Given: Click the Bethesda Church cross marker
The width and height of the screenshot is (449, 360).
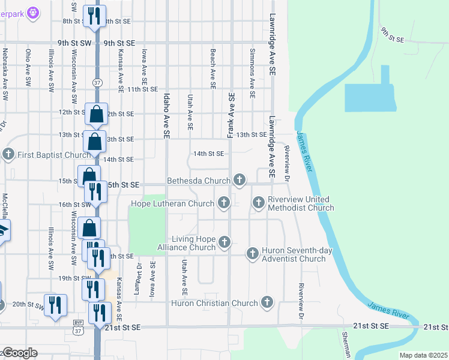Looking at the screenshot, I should point(240,180).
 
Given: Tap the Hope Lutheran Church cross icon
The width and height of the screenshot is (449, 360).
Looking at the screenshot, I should point(224,203).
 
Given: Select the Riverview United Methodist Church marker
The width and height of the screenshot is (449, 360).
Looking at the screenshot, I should point(259,203).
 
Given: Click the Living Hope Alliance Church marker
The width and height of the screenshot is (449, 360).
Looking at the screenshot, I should point(224,242).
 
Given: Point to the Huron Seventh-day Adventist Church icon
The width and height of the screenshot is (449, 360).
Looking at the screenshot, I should point(252,254).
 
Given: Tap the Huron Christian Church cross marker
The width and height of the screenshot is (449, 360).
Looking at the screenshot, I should point(267,303).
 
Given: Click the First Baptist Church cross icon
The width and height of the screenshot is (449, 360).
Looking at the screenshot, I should point(8,155).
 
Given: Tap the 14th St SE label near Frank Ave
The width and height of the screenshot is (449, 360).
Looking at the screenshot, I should point(208,154).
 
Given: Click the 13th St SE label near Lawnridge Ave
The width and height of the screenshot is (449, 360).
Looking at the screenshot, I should point(251,135).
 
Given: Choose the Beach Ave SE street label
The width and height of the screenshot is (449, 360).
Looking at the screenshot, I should point(212,69).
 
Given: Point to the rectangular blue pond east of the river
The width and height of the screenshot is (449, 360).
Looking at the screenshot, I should point(370,97).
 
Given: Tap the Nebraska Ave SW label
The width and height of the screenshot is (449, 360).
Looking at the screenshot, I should point(5,74).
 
